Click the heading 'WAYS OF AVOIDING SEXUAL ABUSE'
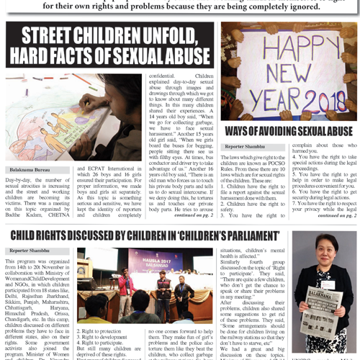coord(289,131)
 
